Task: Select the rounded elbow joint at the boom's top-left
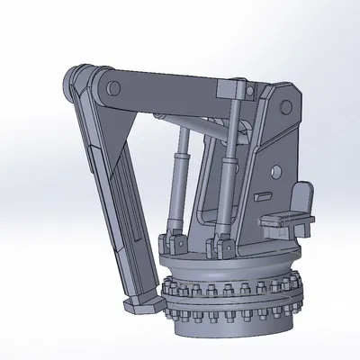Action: (75, 83)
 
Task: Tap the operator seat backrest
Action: (303, 196)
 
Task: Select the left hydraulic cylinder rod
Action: (178, 144)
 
